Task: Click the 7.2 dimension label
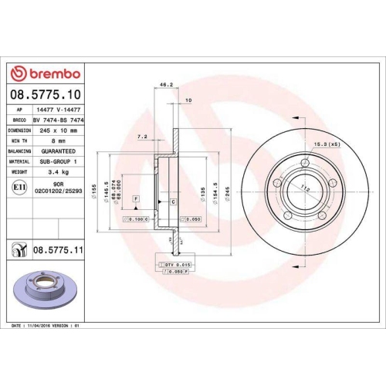coord(141,136)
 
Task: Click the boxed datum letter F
coord(136,200)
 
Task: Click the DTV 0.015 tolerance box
coord(177,265)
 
